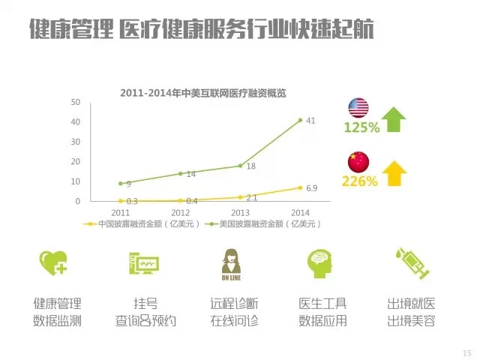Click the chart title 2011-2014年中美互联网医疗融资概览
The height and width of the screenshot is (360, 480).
coord(203,93)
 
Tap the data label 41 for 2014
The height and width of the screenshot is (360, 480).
coord(310,121)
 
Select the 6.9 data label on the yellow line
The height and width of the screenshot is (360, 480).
coord(312,187)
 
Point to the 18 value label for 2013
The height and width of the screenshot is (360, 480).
coord(251,166)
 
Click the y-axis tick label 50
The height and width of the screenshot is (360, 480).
coord(74,101)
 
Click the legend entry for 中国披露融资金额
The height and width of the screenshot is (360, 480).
coord(143,224)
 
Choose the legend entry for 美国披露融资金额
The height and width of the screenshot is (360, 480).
coord(263,224)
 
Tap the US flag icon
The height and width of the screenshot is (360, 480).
coord(357,106)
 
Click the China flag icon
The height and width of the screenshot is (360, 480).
coord(357,160)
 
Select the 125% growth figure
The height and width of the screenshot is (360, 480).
coord(361,127)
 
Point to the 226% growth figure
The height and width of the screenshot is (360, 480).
coord(359,181)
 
